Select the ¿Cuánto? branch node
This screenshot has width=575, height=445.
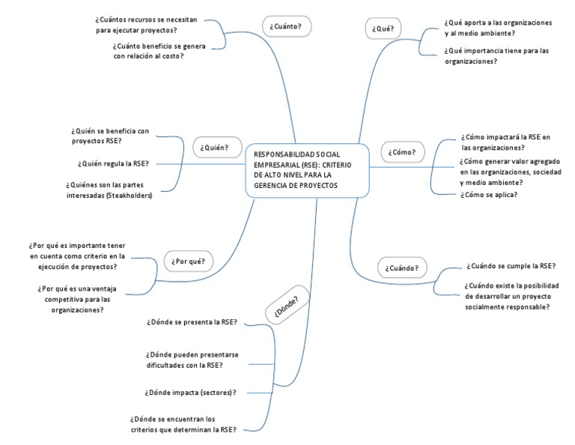[x=286, y=27]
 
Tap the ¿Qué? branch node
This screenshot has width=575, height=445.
[x=383, y=28]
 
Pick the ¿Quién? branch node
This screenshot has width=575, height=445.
[x=214, y=148]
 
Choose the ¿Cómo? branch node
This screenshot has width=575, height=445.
[x=402, y=152]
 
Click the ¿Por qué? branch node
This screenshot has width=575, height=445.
[x=188, y=261]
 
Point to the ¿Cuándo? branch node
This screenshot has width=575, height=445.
[x=402, y=267]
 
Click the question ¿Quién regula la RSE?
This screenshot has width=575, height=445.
[x=112, y=163]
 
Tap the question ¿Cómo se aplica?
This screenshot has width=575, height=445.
[x=489, y=195]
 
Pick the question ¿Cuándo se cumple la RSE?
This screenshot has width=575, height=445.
[x=510, y=265]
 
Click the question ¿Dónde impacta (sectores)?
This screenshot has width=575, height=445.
[x=190, y=392]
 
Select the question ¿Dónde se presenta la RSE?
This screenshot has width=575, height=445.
[x=192, y=322]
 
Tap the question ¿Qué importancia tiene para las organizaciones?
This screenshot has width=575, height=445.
[x=496, y=56]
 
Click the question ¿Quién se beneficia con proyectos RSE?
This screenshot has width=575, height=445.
[x=110, y=136]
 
